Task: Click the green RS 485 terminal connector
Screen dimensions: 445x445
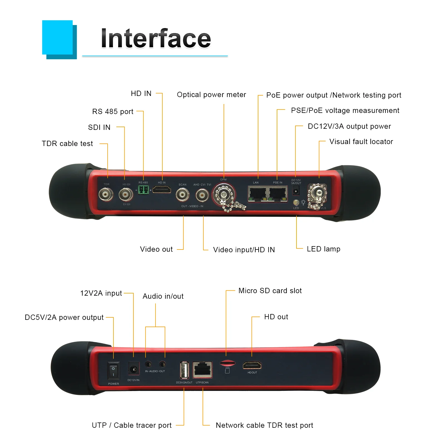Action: tap(143, 190)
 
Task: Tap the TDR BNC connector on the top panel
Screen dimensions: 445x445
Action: tap(106, 194)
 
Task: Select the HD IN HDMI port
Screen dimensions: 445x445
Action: tap(162, 190)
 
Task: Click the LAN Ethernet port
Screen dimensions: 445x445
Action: tap(257, 194)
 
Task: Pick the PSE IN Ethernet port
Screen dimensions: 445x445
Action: tap(278, 194)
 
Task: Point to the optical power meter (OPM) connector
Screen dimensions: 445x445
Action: tap(223, 194)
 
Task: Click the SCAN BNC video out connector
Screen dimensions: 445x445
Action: tap(182, 194)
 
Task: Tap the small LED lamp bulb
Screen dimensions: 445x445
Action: tap(296, 202)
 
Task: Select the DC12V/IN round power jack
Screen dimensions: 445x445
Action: tap(134, 369)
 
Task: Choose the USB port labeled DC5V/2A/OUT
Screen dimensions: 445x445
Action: tap(184, 370)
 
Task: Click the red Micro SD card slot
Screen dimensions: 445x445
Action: tap(227, 363)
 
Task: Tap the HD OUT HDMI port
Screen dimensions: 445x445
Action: tap(252, 365)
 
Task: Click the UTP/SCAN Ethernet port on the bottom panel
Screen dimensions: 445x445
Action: tap(202, 369)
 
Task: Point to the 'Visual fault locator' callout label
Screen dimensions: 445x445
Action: tap(361, 142)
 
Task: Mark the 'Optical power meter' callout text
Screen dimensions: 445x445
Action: tap(211, 95)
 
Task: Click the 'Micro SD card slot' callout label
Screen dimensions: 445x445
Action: tap(270, 291)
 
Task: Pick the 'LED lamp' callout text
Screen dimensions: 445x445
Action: tap(323, 249)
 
